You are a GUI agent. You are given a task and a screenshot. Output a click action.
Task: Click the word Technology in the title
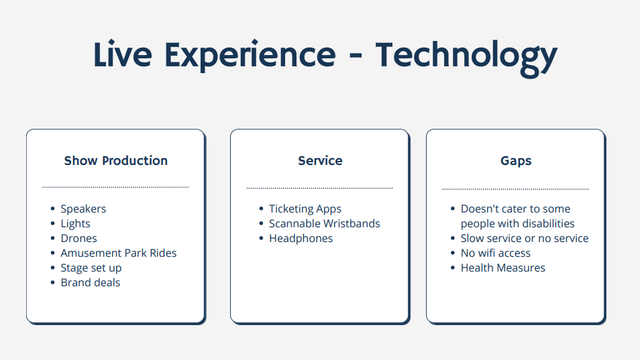click(466, 57)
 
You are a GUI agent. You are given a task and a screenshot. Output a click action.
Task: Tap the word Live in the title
click(123, 54)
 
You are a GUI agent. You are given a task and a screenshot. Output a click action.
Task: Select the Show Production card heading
click(116, 161)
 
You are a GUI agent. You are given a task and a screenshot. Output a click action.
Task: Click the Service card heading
click(320, 161)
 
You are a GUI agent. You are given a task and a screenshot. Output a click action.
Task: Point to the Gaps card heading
click(516, 161)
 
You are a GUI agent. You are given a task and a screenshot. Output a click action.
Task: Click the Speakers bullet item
click(83, 209)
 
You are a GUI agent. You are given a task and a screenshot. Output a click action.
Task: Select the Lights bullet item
click(76, 224)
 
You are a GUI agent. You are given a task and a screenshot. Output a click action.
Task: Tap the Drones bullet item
click(78, 239)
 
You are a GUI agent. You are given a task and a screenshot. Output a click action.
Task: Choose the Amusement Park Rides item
click(119, 253)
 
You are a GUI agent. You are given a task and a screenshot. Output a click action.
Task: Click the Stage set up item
click(91, 268)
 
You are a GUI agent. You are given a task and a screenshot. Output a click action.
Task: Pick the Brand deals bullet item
click(91, 282)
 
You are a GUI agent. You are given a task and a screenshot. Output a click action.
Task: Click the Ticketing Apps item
click(305, 209)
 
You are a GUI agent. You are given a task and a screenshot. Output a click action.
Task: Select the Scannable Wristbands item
click(325, 224)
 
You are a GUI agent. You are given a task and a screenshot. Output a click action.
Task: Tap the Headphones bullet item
click(301, 239)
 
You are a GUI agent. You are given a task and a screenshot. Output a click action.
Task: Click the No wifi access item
click(496, 253)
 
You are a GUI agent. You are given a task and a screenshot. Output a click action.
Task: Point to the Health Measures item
click(503, 268)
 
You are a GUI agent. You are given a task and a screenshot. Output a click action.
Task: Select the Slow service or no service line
click(525, 239)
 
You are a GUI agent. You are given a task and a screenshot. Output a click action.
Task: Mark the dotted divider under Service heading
click(319, 188)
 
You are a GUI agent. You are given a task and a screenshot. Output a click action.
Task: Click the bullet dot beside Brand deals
click(52, 282)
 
